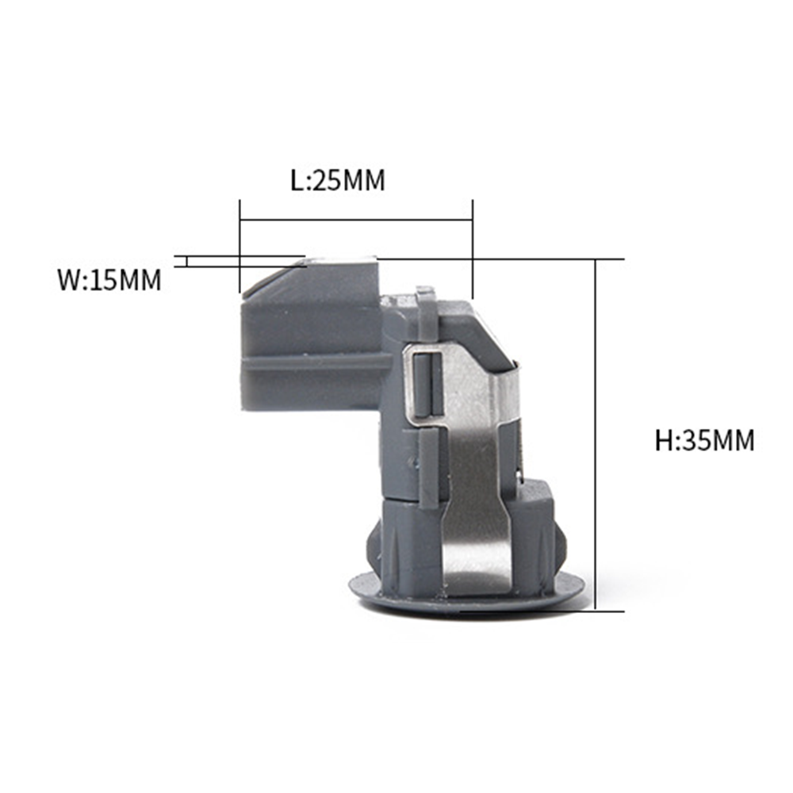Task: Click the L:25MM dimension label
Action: (338, 180)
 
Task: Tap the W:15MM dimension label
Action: (109, 280)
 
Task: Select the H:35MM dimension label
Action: (704, 440)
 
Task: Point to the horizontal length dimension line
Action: (356, 220)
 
